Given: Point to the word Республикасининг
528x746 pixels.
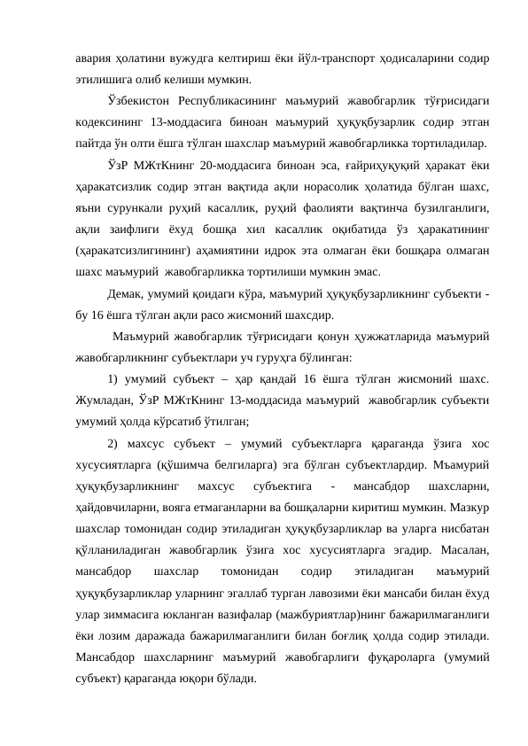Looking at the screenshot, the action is [x=235, y=100].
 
